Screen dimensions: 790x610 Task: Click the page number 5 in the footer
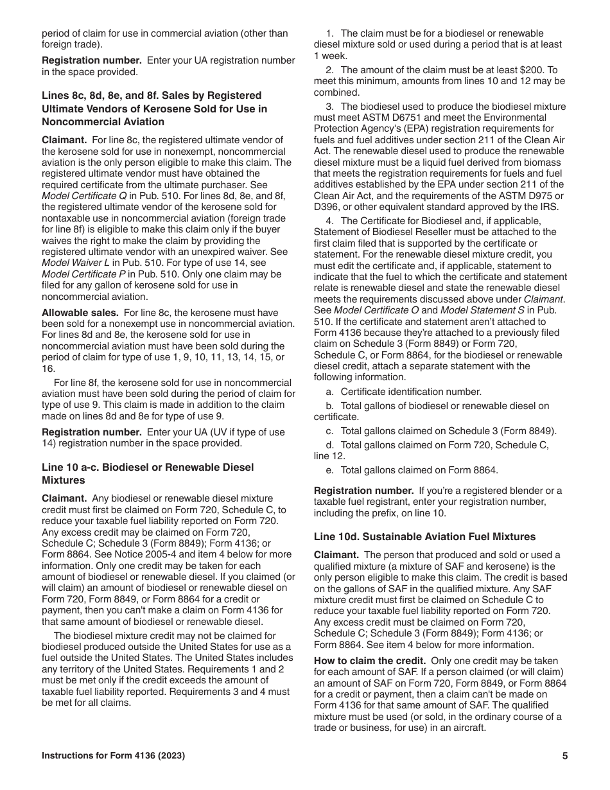[x=564, y=756]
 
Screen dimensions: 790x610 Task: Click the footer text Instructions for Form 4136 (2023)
[x=114, y=756]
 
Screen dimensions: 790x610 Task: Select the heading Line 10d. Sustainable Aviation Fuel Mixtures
[x=424, y=536]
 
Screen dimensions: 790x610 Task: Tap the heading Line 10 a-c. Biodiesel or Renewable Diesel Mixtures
[x=147, y=473]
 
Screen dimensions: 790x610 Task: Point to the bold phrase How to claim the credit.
[x=369, y=661]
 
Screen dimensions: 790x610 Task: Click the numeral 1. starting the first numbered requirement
[x=329, y=33]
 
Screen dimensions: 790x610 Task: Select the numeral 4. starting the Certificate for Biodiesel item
[x=329, y=221]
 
